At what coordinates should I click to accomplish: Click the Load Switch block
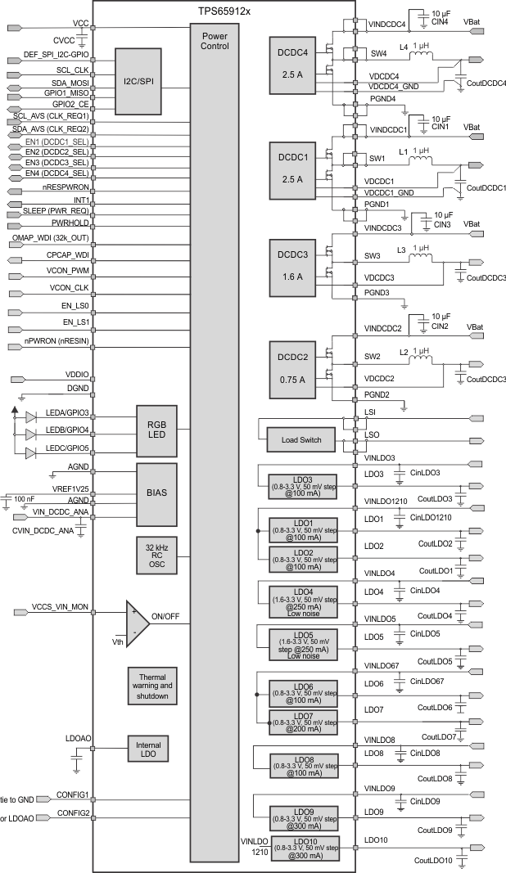coord(300,440)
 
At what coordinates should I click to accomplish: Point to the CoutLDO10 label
coord(434,860)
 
